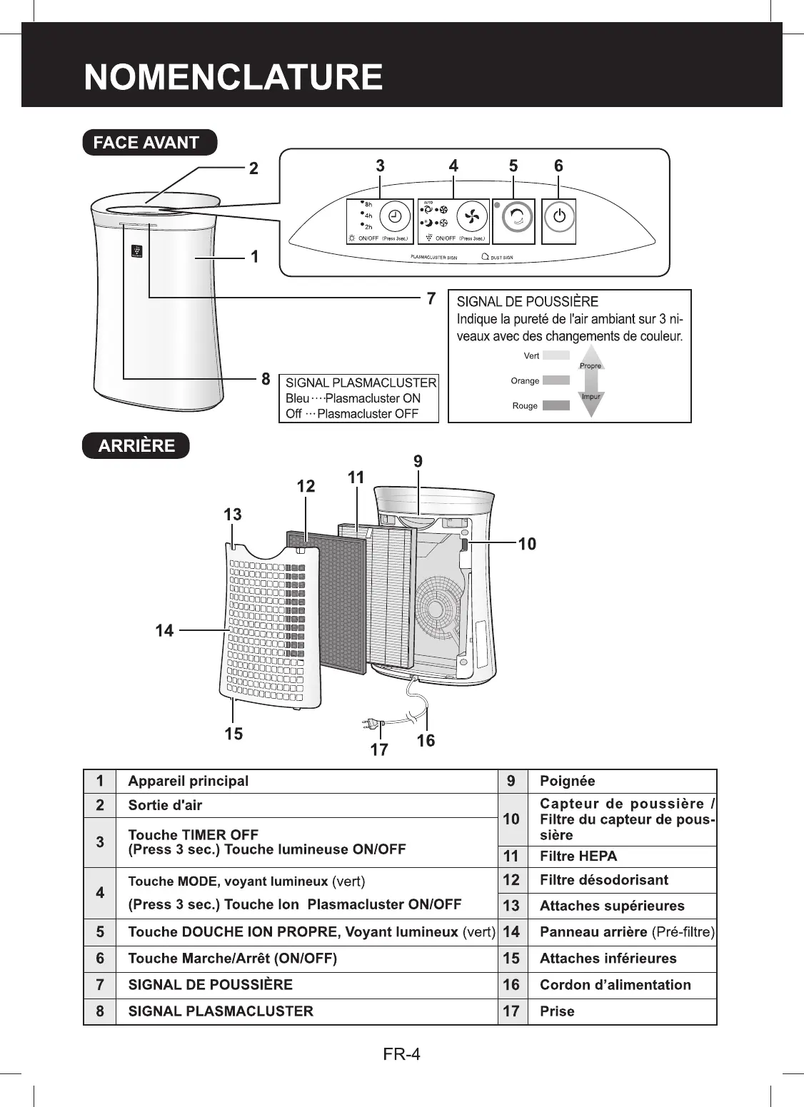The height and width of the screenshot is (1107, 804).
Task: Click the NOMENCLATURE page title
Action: pyautogui.click(x=233, y=78)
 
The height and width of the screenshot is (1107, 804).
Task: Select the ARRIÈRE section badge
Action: pyautogui.click(x=136, y=445)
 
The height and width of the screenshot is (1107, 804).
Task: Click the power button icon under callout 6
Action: pyautogui.click(x=560, y=217)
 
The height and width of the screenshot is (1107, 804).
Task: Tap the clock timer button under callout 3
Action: pyautogui.click(x=393, y=216)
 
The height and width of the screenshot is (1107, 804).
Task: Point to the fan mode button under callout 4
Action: pyautogui.click(x=470, y=216)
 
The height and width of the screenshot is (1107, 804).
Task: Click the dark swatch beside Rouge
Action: pyautogui.click(x=556, y=405)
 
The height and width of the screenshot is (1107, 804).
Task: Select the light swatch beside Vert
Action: pyautogui.click(x=556, y=355)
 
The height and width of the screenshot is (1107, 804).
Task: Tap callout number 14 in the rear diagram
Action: pyautogui.click(x=165, y=630)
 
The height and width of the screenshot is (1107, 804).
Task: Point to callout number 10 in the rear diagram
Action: pyautogui.click(x=527, y=545)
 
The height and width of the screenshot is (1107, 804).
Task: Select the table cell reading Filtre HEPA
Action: pyautogui.click(x=578, y=856)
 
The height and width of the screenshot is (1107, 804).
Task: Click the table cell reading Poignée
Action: pyautogui.click(x=567, y=781)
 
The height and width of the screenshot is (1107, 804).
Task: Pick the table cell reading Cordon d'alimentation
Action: pyautogui.click(x=615, y=985)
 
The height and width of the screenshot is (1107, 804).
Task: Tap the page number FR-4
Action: pyautogui.click(x=401, y=1053)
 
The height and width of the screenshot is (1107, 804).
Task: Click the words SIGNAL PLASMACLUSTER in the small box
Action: pyautogui.click(x=361, y=383)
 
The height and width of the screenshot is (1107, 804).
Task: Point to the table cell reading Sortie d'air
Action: pyautogui.click(x=165, y=805)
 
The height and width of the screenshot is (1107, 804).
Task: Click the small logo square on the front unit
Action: pyautogui.click(x=136, y=251)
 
